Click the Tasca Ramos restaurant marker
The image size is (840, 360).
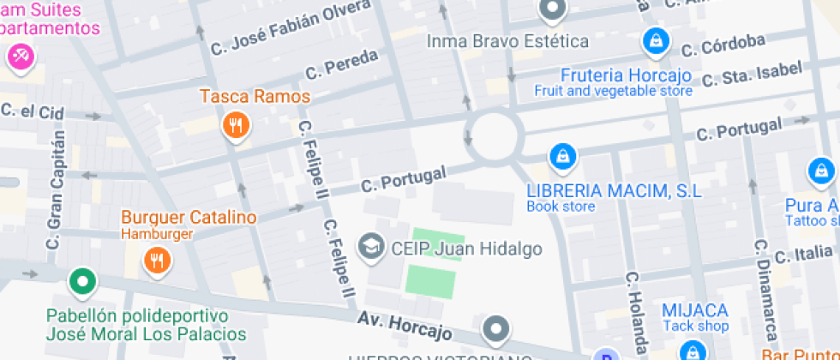tap(235, 127)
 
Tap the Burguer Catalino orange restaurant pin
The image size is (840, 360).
tap(156, 259)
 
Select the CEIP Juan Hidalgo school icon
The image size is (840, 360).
tap(371, 247)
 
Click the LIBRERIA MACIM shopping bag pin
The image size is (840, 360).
tap(561, 156)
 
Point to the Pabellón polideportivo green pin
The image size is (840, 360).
tap(82, 280)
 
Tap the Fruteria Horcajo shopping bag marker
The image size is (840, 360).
tap(656, 39)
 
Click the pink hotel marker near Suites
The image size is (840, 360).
tap(19, 57)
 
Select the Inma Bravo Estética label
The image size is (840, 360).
tap(507, 41)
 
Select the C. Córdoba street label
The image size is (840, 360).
tap(734, 44)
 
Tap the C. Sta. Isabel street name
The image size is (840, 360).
tap(752, 75)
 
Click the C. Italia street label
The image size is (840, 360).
tap(804, 255)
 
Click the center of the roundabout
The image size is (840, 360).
tap(495, 135)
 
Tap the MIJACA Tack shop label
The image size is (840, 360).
tap(694, 317)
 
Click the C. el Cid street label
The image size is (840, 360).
tap(33, 111)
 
